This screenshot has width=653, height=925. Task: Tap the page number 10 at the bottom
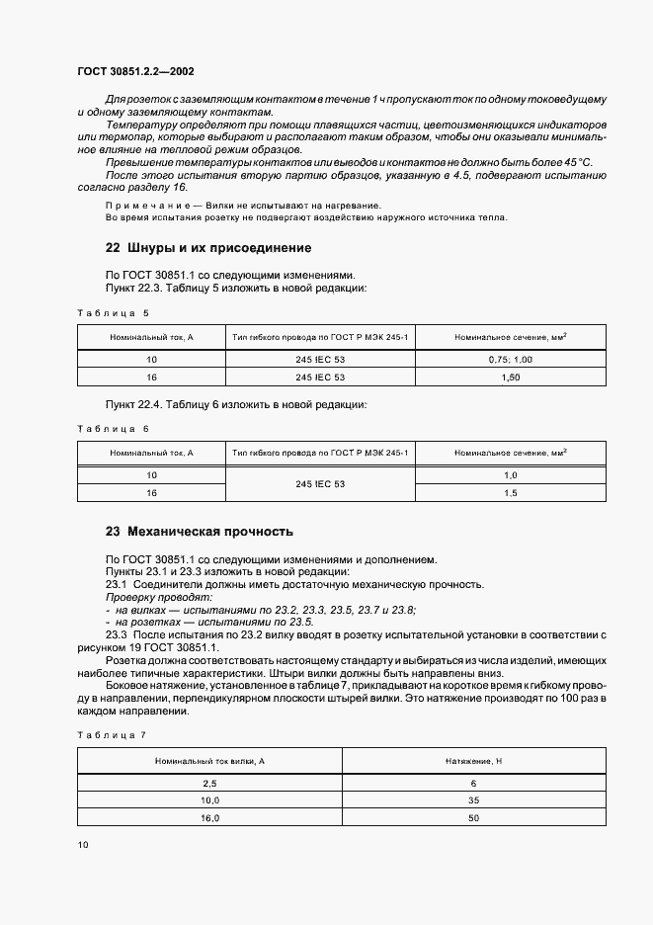(82, 845)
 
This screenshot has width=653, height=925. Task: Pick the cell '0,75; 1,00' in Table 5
(510, 360)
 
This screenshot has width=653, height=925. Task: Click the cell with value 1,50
(510, 377)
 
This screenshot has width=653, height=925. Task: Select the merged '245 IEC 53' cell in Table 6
(320, 484)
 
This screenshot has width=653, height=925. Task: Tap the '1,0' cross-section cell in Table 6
(510, 475)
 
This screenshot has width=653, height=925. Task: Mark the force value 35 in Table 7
(474, 799)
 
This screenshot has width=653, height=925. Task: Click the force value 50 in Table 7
(474, 817)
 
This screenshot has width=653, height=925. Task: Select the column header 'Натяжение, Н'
(474, 760)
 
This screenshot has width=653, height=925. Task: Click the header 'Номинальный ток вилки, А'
(209, 760)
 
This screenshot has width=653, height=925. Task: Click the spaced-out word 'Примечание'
(142, 205)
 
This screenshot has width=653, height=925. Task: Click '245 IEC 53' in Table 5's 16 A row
(320, 377)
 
